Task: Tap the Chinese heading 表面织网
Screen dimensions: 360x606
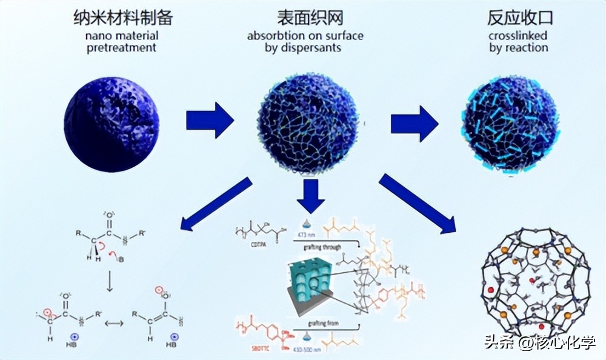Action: pyautogui.click(x=305, y=18)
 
